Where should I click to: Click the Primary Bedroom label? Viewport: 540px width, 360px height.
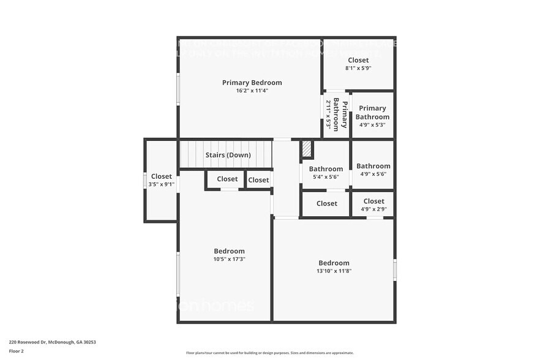click(x=252, y=83)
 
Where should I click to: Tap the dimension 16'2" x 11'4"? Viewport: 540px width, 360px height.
click(x=252, y=91)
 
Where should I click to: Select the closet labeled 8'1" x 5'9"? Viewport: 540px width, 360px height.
click(x=358, y=64)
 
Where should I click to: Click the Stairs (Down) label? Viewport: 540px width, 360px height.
click(x=228, y=155)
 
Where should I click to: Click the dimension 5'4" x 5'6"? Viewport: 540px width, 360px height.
click(x=326, y=178)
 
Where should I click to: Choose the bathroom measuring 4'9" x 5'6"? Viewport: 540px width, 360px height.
click(x=373, y=170)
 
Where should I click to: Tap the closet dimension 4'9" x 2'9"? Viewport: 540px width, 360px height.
click(x=373, y=209)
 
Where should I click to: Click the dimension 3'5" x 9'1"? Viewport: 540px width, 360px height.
click(x=162, y=184)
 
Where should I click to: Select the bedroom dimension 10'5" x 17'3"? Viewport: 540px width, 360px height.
click(x=229, y=259)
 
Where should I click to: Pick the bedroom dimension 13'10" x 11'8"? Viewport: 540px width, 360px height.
click(x=334, y=271)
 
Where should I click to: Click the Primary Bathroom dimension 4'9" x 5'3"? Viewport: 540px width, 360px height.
click(x=372, y=125)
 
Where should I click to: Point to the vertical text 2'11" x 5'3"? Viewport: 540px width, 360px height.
click(x=328, y=114)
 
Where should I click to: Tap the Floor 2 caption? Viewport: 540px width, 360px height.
click(x=16, y=351)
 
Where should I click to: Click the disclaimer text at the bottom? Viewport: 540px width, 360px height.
click(x=269, y=353)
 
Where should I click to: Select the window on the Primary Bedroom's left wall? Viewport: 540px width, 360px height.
click(x=178, y=89)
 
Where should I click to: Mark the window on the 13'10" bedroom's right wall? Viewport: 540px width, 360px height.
click(x=395, y=270)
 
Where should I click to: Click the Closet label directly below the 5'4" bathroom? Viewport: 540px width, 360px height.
click(x=326, y=203)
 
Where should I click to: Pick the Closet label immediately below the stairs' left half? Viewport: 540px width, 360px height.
click(x=227, y=179)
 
